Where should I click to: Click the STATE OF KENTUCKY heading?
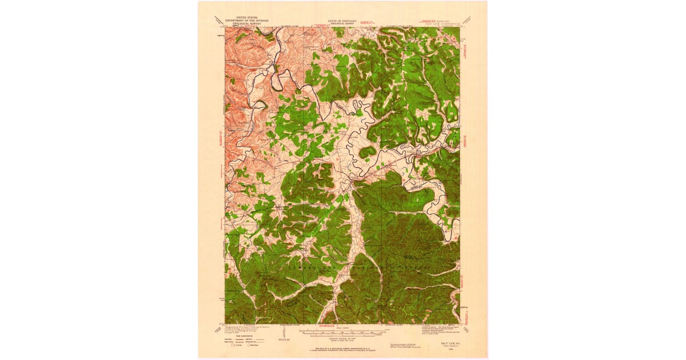pos(342,21)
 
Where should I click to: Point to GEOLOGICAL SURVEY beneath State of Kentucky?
pos(342,23)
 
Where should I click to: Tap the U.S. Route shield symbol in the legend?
pos(233,345)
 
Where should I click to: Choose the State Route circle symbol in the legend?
pos(249,345)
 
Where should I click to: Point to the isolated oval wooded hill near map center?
pos(368,151)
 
